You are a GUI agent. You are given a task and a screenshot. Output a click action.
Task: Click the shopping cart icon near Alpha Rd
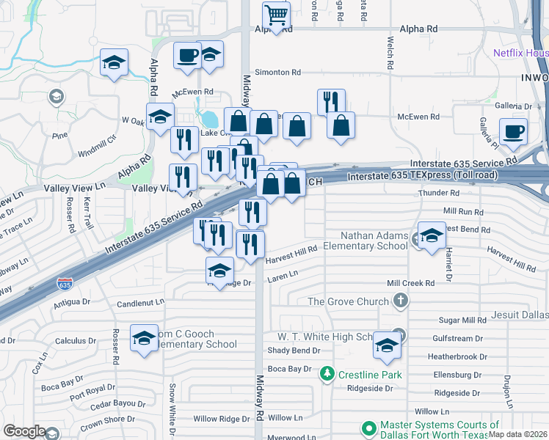276,15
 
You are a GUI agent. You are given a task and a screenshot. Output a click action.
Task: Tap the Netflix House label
520,53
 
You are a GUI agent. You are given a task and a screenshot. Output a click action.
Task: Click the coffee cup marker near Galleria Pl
513,132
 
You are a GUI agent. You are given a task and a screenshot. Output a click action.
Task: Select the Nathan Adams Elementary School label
373,241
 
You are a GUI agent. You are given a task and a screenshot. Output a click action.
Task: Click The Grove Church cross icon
400,301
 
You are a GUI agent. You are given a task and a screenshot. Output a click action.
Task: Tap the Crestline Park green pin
328,374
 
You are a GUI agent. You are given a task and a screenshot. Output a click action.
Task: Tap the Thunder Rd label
438,193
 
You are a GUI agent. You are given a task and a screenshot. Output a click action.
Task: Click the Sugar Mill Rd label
462,320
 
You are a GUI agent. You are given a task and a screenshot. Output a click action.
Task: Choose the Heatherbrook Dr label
457,356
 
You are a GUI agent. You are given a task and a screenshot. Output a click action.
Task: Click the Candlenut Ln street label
140,302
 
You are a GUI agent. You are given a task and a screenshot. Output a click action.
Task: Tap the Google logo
24,430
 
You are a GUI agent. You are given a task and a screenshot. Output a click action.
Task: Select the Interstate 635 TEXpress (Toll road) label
423,176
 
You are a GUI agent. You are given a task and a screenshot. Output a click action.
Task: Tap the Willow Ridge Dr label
222,419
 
